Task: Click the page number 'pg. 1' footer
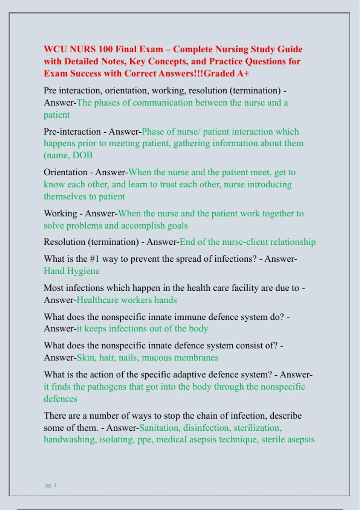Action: click(x=51, y=485)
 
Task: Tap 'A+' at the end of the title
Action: click(x=243, y=73)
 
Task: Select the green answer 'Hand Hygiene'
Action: click(x=71, y=271)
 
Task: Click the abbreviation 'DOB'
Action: click(x=82, y=155)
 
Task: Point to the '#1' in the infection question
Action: click(x=94, y=259)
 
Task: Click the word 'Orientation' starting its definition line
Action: click(x=65, y=172)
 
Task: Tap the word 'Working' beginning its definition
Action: click(x=60, y=213)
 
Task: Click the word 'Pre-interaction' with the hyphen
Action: click(x=72, y=131)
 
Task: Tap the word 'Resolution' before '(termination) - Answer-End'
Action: click(x=64, y=242)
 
